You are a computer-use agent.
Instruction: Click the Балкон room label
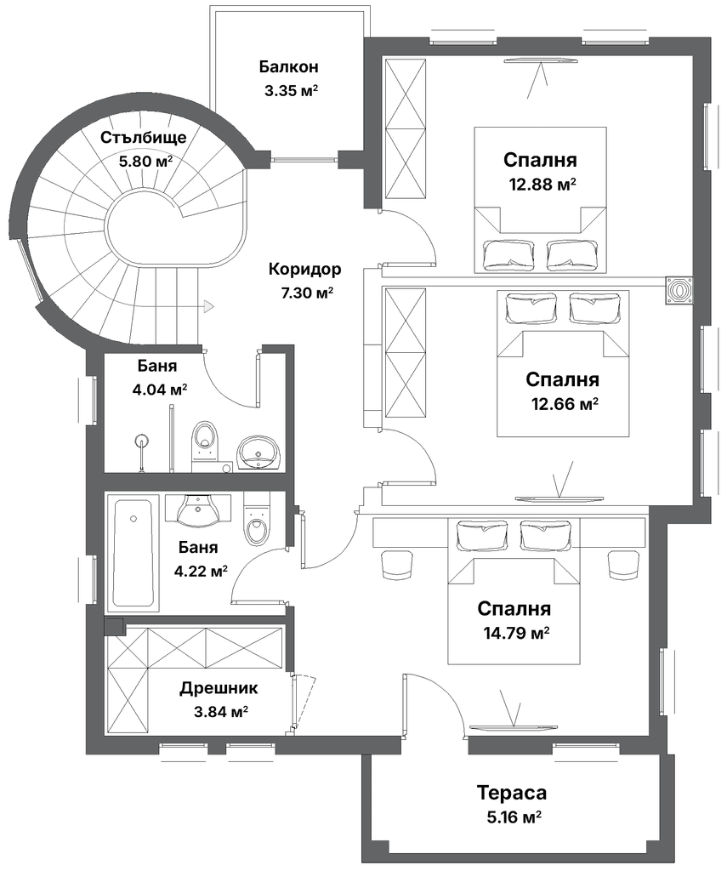pyautogui.click(x=289, y=66)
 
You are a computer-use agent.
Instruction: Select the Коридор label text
pyautogui.click(x=304, y=270)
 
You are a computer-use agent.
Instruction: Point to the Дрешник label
pyautogui.click(x=219, y=688)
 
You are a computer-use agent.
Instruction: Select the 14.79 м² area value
pyautogui.click(x=514, y=633)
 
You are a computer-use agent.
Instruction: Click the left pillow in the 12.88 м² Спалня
pyautogui.click(x=508, y=253)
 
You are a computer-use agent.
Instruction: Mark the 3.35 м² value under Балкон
pyautogui.click(x=289, y=91)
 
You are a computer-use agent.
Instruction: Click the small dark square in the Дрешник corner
pyautogui.click(x=114, y=627)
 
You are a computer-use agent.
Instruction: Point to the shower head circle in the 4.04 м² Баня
pyautogui.click(x=143, y=441)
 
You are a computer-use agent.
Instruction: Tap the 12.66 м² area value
pyautogui.click(x=563, y=403)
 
